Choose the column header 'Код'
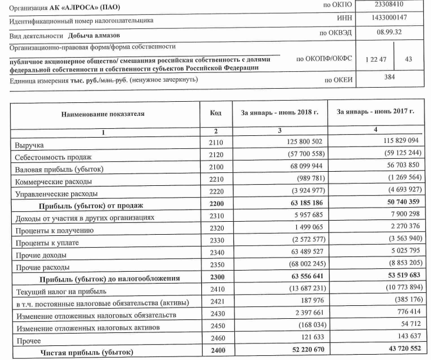(x=216, y=111)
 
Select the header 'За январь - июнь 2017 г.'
(x=375, y=111)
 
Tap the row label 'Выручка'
(x=28, y=144)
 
